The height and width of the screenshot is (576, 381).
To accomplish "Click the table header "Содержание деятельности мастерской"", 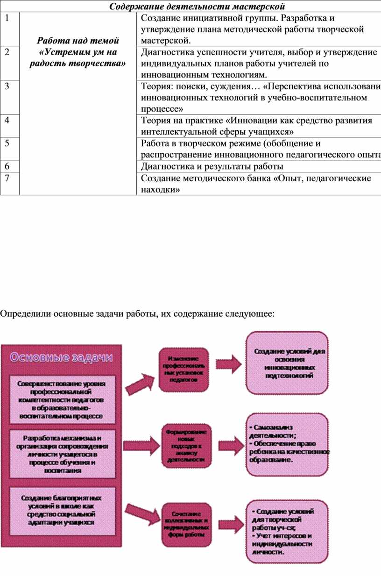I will pos(197,6).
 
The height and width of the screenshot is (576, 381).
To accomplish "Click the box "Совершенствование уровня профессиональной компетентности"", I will pos(62,399).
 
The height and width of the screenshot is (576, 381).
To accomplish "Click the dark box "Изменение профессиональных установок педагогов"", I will pos(183,370).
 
